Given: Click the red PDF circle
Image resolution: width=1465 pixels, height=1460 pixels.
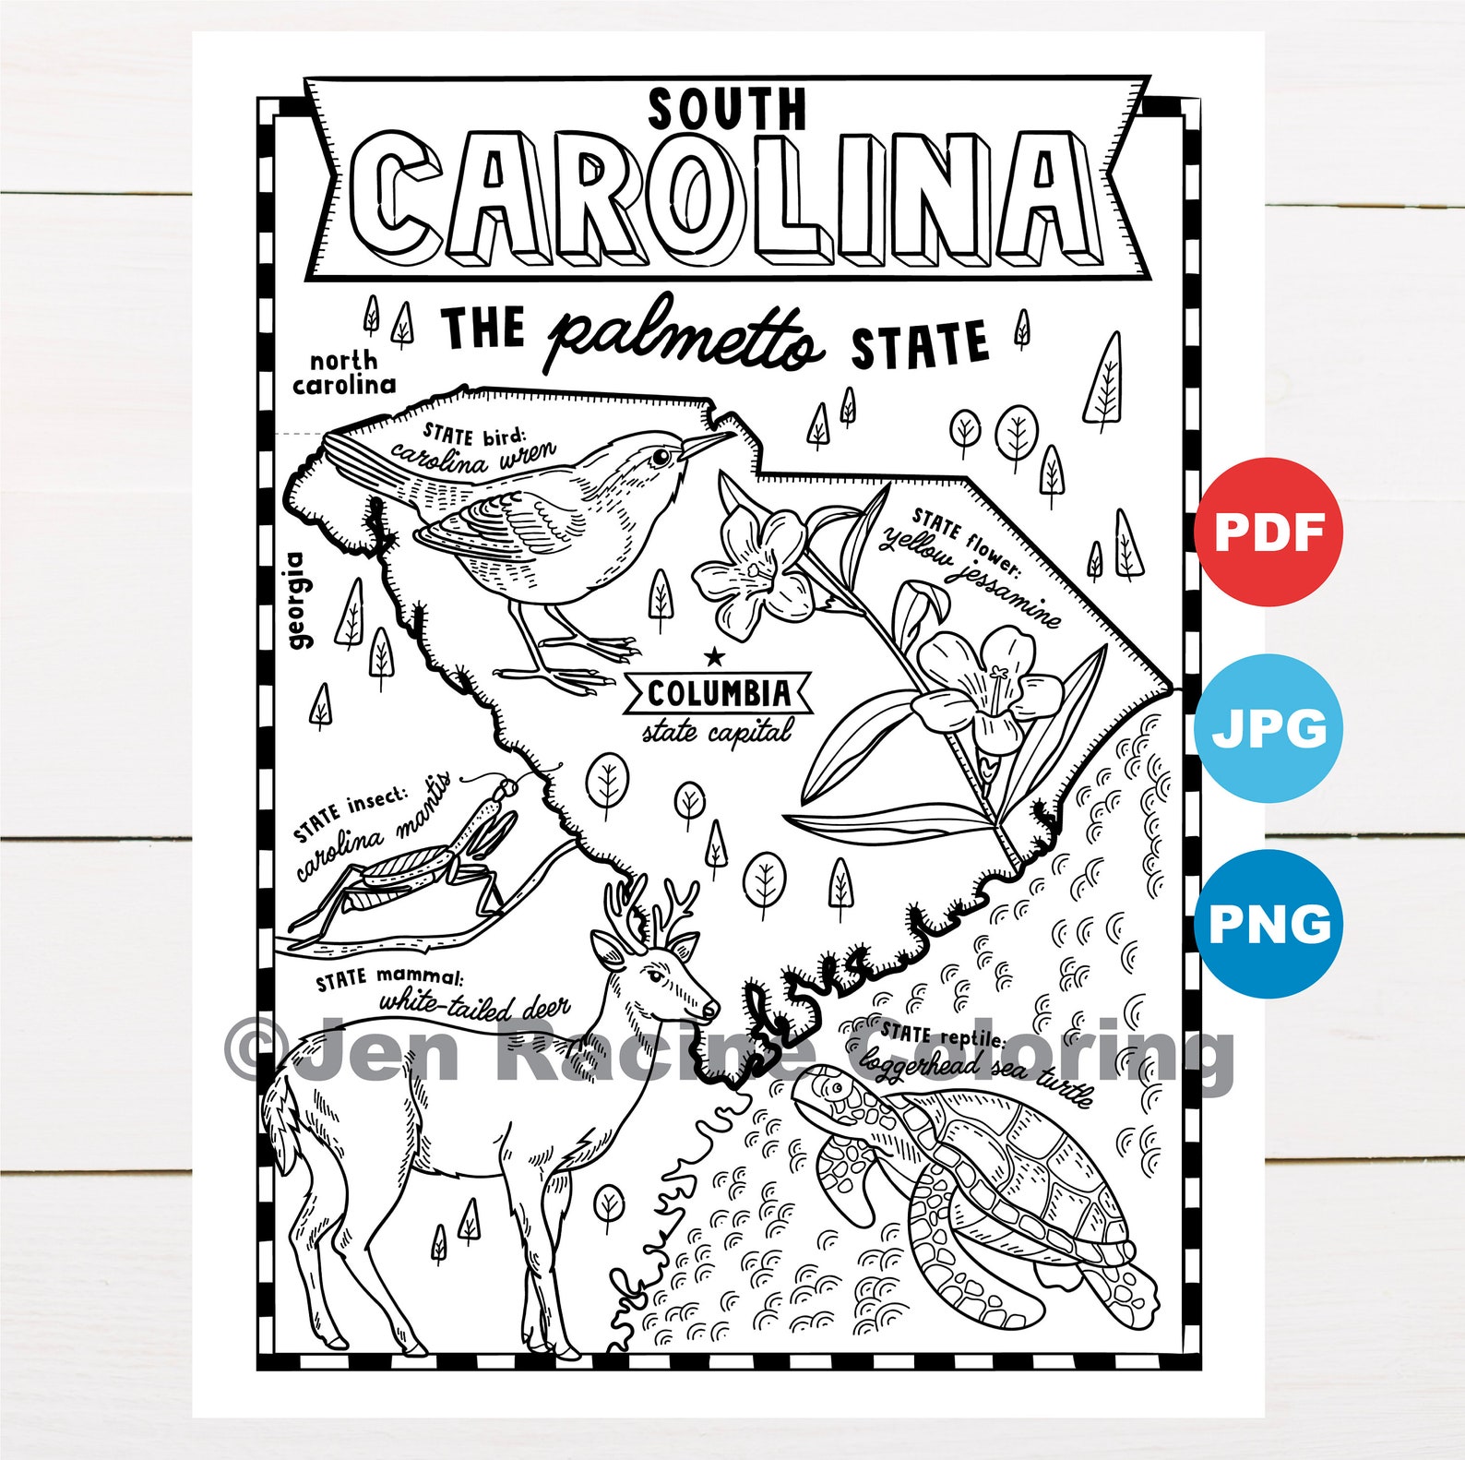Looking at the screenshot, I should pos(1268,532).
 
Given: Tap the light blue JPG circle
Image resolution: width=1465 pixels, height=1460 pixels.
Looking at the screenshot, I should pos(1268,728).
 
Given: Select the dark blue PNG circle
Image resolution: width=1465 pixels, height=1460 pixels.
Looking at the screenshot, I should pos(1268,924).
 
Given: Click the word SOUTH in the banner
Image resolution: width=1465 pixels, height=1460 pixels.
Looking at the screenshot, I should pos(727,109).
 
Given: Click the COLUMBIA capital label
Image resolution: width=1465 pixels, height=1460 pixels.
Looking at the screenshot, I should pos(719,693).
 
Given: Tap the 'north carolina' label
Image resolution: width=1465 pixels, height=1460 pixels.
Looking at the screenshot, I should pos(344,373).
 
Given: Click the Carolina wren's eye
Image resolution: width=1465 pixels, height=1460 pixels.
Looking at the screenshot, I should pos(661,456).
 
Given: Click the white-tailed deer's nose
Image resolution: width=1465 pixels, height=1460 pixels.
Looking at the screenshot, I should pos(711,1011).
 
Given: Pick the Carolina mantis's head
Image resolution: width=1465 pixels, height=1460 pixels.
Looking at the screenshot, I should pos(506,790).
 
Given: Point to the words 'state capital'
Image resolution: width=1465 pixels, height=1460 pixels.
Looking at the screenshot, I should pos(717,732).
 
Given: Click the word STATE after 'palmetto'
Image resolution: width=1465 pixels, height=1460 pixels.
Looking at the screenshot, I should pos(919,345).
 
